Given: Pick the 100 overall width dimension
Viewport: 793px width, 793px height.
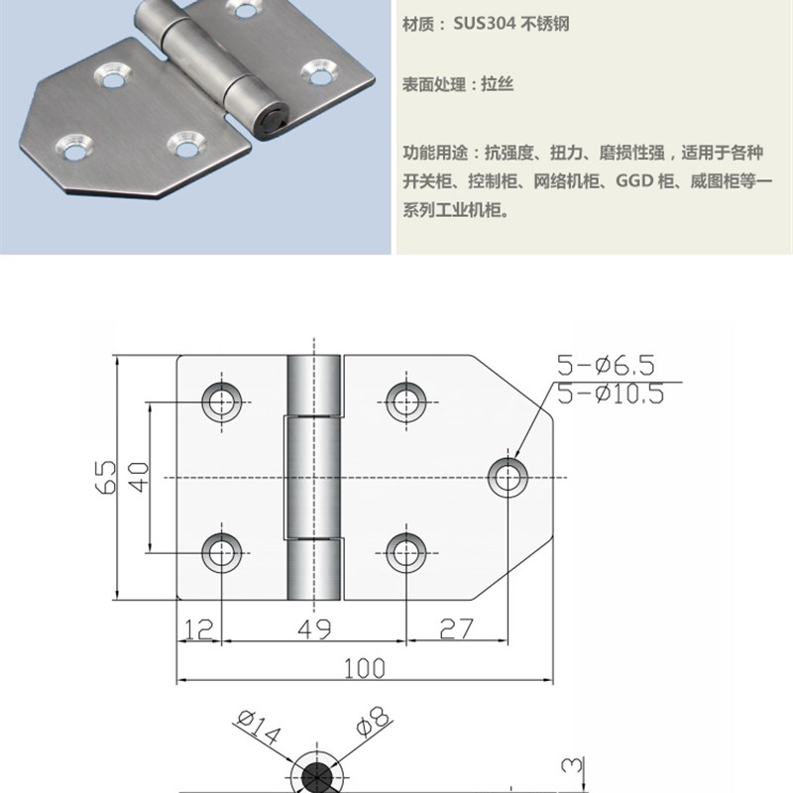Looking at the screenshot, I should click(364, 668).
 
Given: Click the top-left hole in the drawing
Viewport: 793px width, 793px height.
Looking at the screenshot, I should click(221, 400).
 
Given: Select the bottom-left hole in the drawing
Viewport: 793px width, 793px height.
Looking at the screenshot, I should click(221, 552).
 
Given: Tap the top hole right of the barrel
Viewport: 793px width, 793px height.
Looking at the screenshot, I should click(404, 400).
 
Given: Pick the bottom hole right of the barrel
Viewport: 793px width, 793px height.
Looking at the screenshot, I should click(404, 552).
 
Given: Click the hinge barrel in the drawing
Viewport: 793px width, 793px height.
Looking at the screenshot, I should click(315, 477).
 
